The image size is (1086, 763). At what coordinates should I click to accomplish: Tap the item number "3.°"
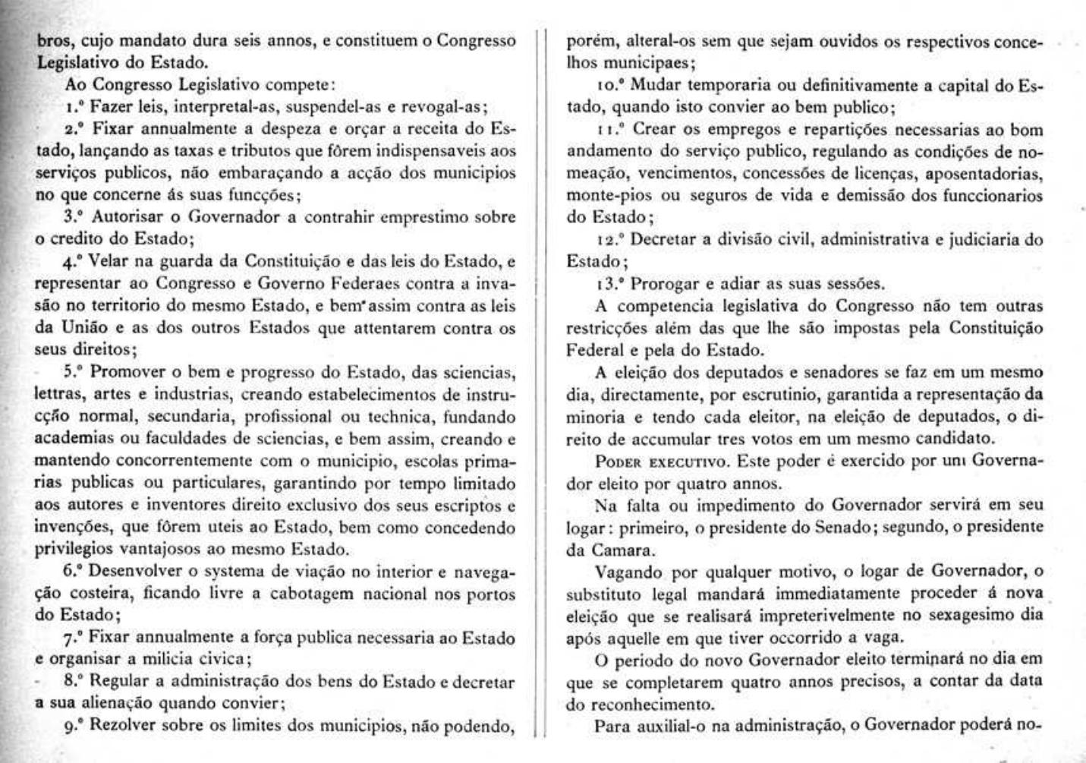click(75, 216)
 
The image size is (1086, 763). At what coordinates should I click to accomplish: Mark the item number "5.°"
click(75, 372)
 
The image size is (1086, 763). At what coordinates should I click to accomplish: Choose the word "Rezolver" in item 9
click(124, 724)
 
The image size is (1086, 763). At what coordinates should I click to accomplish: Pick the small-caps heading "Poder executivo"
click(656, 461)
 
